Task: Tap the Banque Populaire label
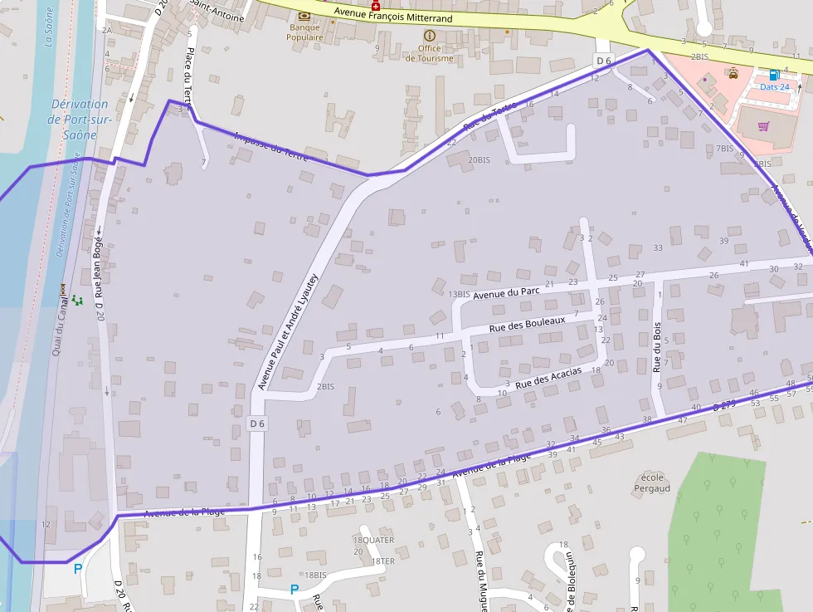pos(304,32)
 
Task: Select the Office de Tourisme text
pos(429,53)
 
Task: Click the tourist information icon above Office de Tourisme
pos(429,36)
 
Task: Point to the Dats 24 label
pos(774,86)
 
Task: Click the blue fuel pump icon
pos(774,74)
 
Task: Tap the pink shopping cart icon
pos(763,126)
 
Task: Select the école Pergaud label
pos(653,482)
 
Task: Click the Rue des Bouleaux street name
pos(527,324)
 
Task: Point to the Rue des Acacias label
pos(548,378)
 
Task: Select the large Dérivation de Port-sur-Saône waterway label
pos(79,119)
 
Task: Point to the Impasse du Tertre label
pos(271,146)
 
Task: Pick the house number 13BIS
pos(459,294)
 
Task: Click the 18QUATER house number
pos(373,540)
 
